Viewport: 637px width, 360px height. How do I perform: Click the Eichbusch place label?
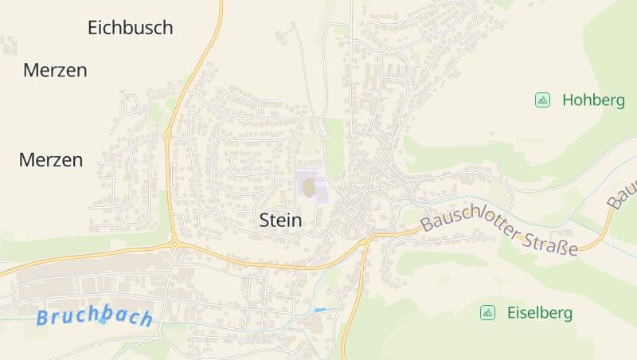click(130, 28)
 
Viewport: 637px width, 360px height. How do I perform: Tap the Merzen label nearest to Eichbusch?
click(55, 70)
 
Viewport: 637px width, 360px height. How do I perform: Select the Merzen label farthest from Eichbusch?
click(50, 160)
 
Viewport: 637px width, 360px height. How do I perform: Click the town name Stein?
click(281, 221)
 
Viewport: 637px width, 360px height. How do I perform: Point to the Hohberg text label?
click(592, 100)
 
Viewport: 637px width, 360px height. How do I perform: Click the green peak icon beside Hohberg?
click(542, 100)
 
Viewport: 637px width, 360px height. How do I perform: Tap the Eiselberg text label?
click(539, 313)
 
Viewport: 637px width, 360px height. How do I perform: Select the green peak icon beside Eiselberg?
click(487, 313)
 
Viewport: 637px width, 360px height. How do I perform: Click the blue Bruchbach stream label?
click(94, 317)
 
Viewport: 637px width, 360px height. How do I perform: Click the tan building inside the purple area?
click(308, 188)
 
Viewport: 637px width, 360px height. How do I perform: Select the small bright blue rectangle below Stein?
click(320, 309)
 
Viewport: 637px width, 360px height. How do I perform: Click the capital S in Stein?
click(265, 221)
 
